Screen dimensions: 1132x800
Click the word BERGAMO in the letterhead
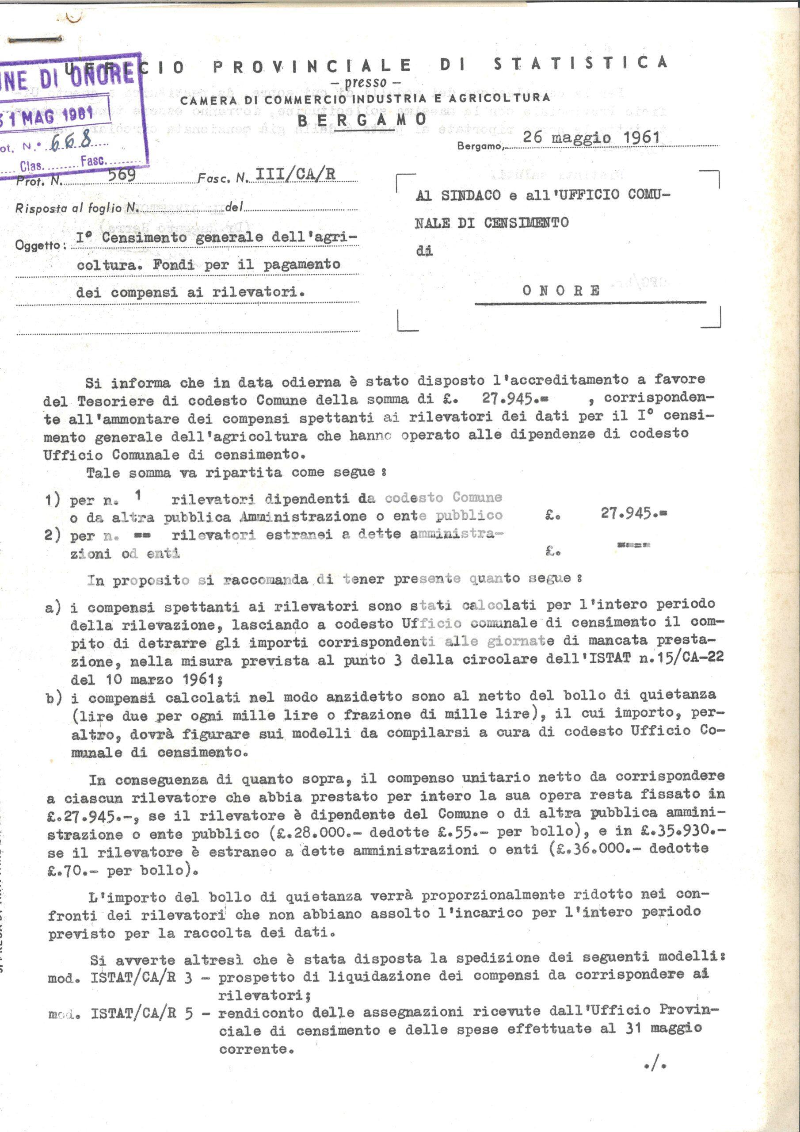[362, 119]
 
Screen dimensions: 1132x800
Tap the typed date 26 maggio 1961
[591, 137]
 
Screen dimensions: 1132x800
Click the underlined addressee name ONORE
[561, 291]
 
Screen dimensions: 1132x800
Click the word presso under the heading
[365, 82]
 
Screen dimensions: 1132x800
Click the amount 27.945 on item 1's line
[633, 513]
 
